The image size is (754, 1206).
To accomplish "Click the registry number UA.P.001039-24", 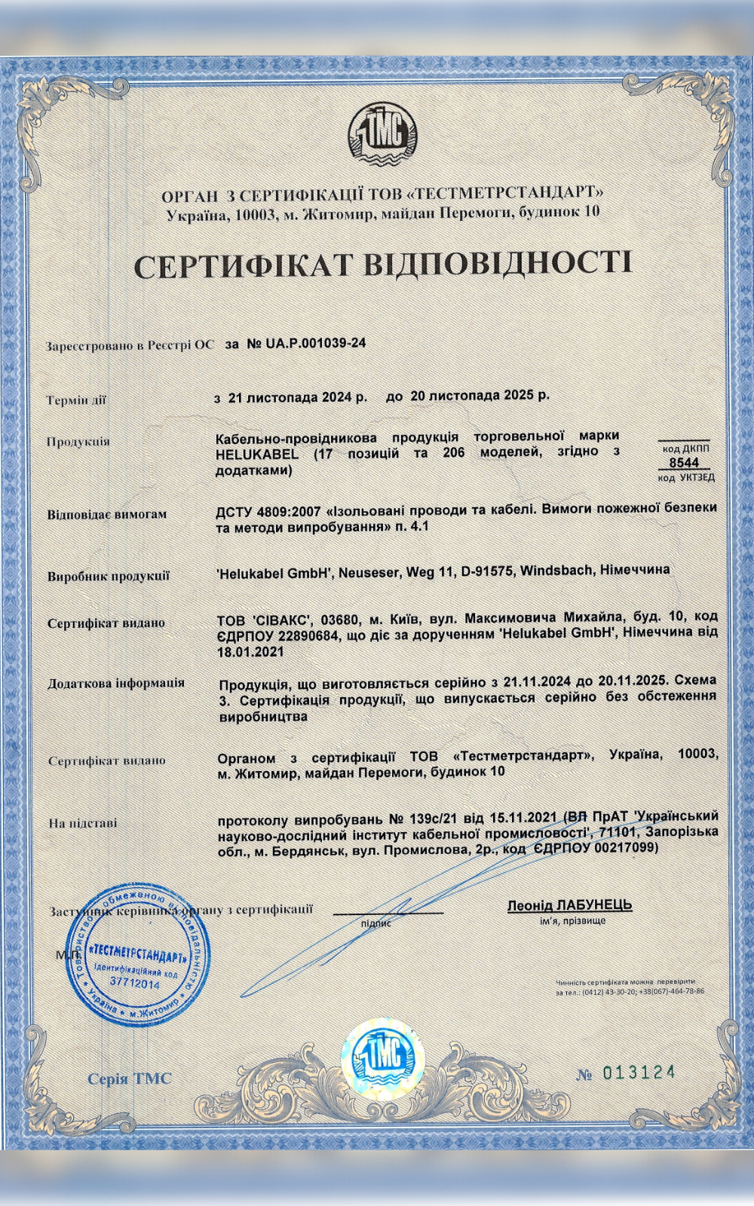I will tap(306, 344).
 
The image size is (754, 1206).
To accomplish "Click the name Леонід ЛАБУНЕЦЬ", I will tap(570, 905).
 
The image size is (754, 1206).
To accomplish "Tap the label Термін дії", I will tap(76, 399).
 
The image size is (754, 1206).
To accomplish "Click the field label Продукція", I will tap(78, 442).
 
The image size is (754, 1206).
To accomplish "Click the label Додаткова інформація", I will tap(116, 684).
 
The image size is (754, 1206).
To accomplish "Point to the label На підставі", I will tap(83, 822).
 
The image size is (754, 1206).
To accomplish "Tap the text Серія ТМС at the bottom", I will tap(130, 1079).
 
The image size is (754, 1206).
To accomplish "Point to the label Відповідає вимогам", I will tap(107, 515).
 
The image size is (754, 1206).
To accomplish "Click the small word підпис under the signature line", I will tap(376, 922).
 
